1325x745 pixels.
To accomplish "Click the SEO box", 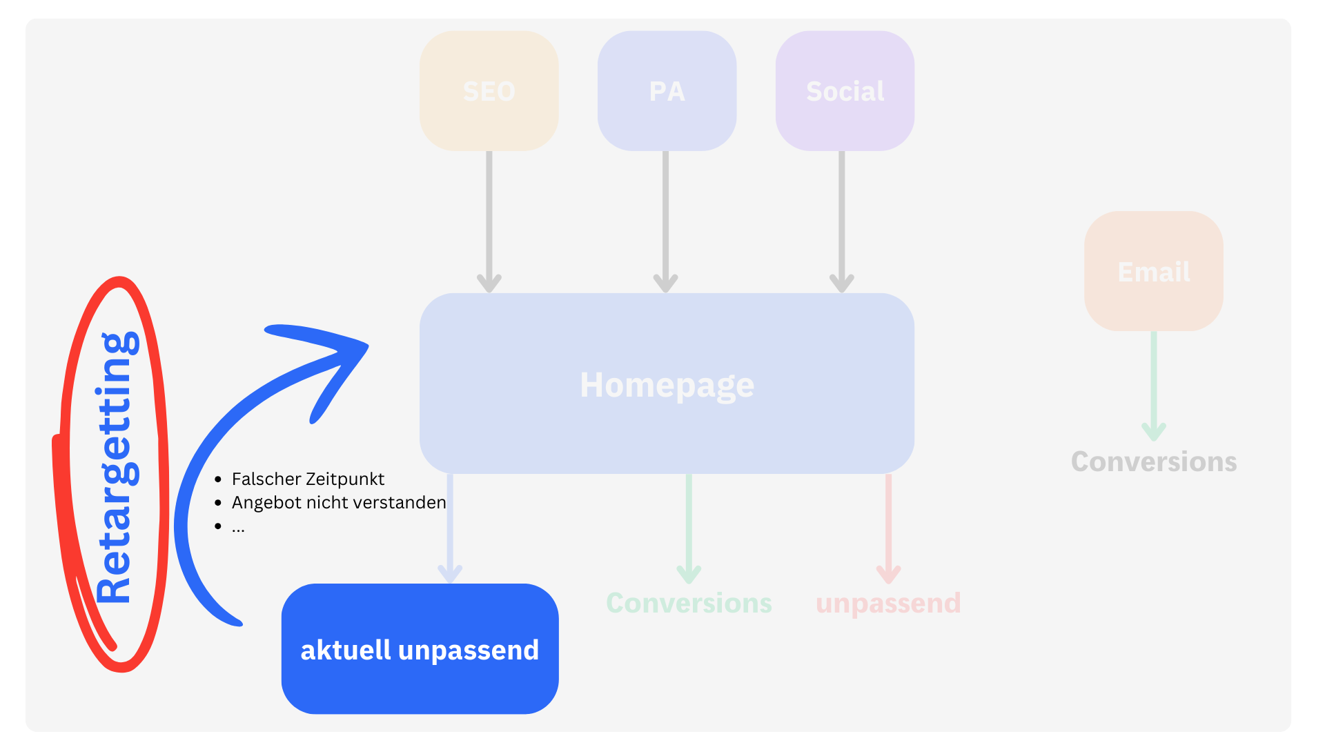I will [489, 90].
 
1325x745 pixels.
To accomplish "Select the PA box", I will [667, 90].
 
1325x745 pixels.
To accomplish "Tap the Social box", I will [845, 90].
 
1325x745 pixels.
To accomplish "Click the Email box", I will [1153, 271].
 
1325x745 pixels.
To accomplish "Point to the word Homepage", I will [667, 385].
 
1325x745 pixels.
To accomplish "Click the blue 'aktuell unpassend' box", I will [420, 648].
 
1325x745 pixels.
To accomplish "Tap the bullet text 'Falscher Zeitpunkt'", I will [308, 479].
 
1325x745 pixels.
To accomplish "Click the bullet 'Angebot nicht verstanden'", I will [339, 502].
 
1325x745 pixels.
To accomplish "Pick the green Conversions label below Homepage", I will [689, 603].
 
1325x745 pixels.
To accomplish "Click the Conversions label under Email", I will [1153, 461].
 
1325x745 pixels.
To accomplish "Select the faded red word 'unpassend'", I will [888, 603].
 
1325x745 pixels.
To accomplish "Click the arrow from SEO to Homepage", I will [489, 221].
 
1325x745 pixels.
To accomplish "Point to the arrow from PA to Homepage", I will [665, 221].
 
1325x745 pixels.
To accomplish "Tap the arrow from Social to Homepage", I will [842, 221].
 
